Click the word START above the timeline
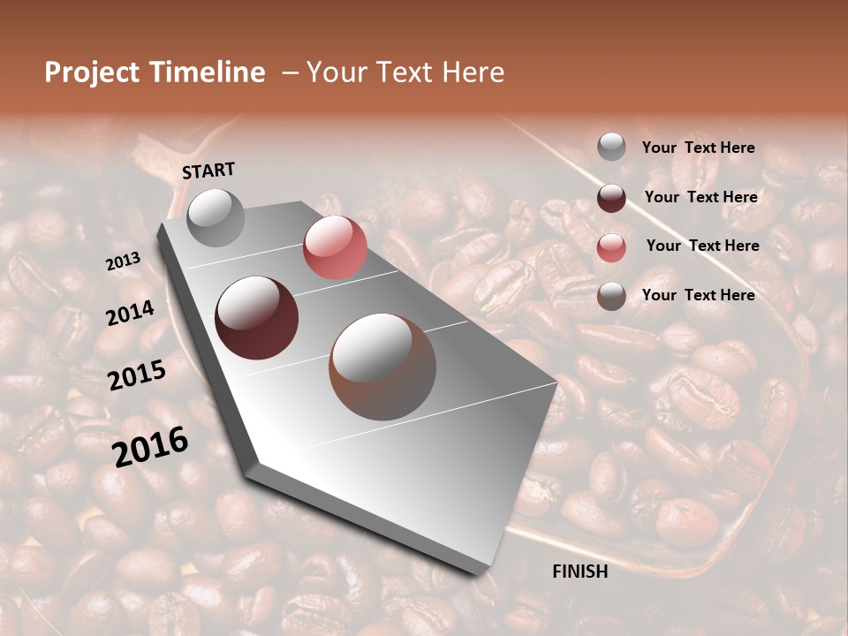208,170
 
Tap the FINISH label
580,572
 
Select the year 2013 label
124,261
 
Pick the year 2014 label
131,314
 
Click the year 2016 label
150,446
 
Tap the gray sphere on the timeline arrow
216,217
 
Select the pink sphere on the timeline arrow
335,246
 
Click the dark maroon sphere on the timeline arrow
257,318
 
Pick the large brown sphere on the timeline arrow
382,366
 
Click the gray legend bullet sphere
611,148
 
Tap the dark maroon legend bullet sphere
611,198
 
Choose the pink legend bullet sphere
611,247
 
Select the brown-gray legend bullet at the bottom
611,296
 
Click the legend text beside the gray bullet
698,148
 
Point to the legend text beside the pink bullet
702,246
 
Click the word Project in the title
93,72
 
